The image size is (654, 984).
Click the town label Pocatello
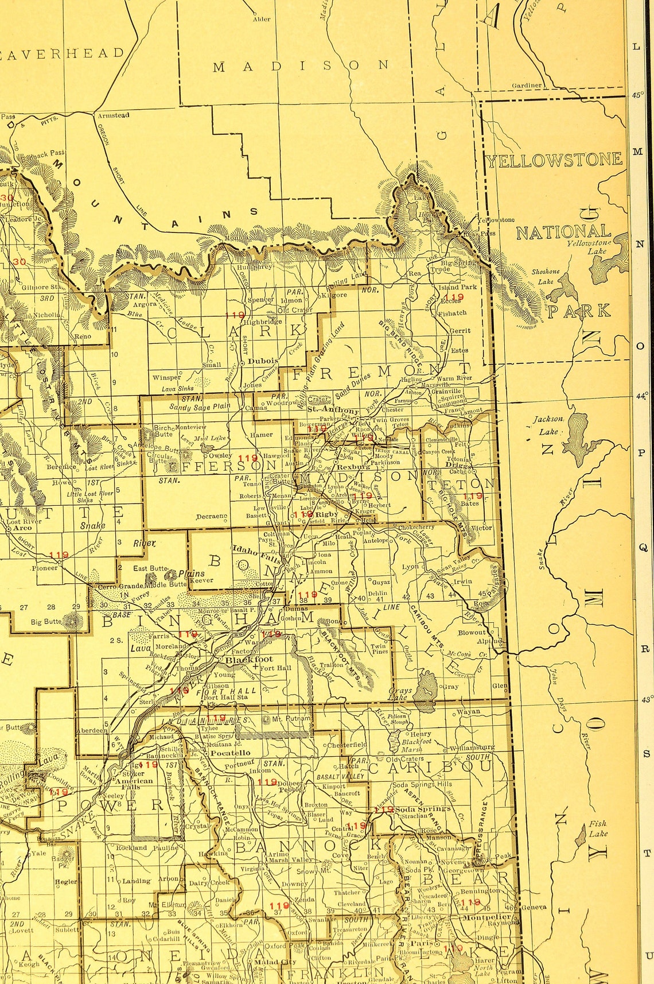pos(231,752)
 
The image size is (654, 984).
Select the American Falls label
pos(134,785)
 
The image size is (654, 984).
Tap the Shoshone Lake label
pos(545,276)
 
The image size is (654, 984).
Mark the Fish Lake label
pos(598,829)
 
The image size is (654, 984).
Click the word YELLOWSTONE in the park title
pos(555,160)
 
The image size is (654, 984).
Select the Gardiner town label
pos(527,86)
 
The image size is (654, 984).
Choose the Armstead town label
pos(113,115)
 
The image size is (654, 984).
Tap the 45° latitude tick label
pos(637,96)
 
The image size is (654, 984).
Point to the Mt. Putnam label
pos(291,718)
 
